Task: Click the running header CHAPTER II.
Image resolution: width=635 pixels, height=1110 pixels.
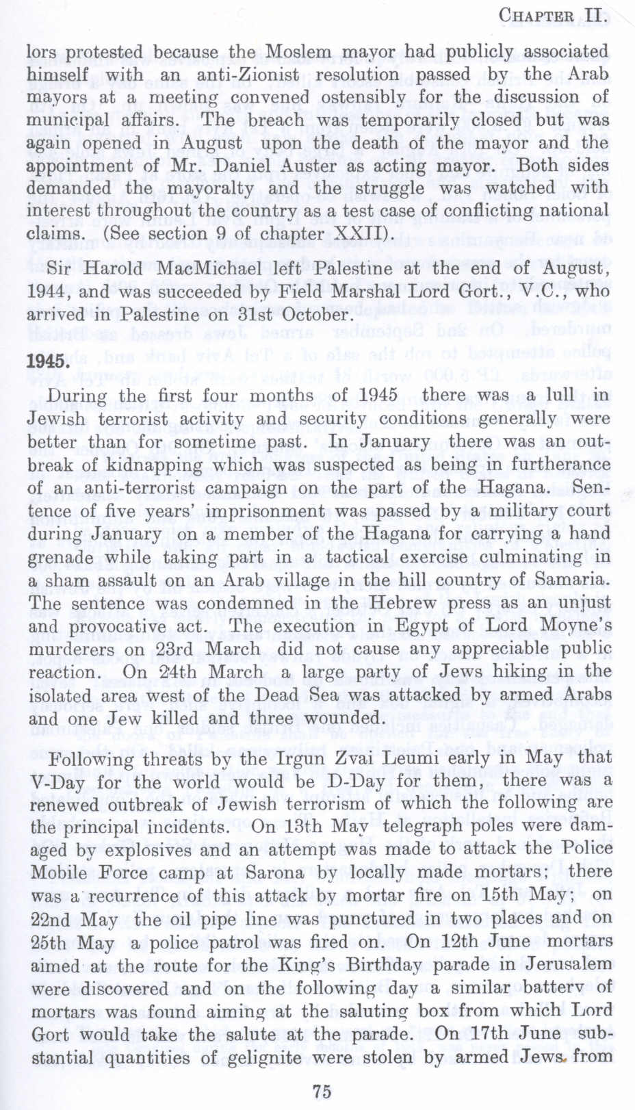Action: click(554, 14)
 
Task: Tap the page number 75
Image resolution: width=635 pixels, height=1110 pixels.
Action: click(321, 1091)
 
